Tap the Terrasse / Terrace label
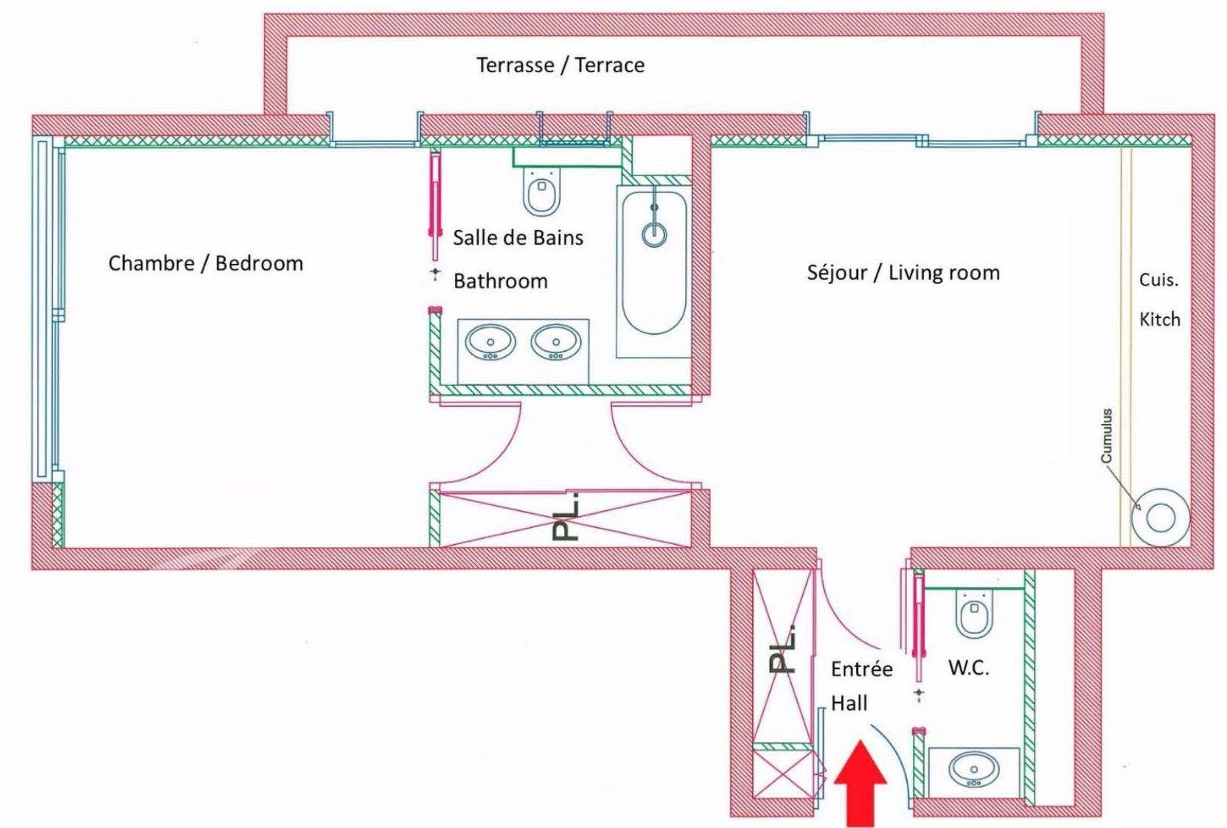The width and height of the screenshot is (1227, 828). [560, 65]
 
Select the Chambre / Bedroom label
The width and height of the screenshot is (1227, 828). [206, 263]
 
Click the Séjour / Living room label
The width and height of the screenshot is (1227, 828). [903, 273]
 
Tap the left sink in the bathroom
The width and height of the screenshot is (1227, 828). [490, 343]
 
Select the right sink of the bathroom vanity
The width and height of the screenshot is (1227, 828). [556, 343]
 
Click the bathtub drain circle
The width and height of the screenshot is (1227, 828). [654, 234]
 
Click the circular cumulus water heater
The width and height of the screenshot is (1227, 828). [1161, 518]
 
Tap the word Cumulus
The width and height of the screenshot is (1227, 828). [1106, 436]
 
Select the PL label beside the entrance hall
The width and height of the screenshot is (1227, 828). [783, 650]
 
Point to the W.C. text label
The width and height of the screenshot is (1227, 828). [968, 668]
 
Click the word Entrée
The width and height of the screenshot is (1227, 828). [861, 669]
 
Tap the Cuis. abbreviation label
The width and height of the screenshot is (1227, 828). [1158, 280]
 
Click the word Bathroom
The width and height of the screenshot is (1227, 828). [500, 281]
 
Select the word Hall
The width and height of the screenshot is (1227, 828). [849, 703]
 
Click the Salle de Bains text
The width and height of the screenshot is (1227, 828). [518, 237]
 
